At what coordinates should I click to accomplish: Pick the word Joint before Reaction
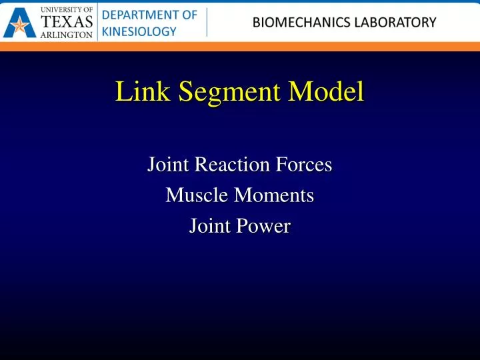169,164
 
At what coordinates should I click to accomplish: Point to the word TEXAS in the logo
67,22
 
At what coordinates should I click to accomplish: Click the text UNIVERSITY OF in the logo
67,9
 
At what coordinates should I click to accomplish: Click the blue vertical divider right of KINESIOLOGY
207,23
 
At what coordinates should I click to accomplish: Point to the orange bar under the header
240,47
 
